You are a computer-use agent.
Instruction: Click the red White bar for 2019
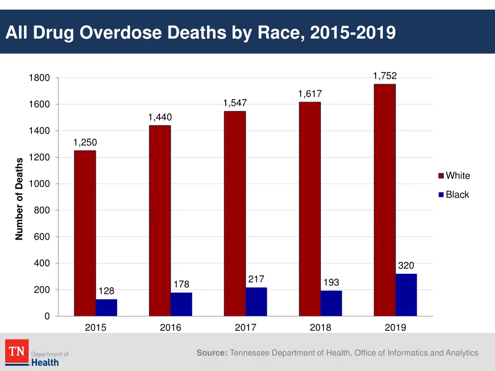tap(384, 200)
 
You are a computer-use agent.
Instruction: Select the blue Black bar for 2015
tap(106, 308)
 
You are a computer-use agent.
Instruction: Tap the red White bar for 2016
tap(160, 221)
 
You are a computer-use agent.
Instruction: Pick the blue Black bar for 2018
tap(331, 303)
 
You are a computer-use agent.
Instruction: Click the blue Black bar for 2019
tap(406, 295)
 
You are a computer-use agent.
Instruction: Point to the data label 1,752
tap(385, 76)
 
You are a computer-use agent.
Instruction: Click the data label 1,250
tap(85, 143)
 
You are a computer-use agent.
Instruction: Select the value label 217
tap(256, 279)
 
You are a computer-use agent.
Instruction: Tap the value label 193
tap(331, 282)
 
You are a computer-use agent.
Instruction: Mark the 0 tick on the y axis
tap(47, 316)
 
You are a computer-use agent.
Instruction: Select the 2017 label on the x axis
tap(246, 328)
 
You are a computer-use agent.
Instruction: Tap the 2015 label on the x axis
tap(96, 328)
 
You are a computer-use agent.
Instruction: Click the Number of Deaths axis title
tap(19, 199)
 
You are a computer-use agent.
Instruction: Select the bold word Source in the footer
tap(212, 353)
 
